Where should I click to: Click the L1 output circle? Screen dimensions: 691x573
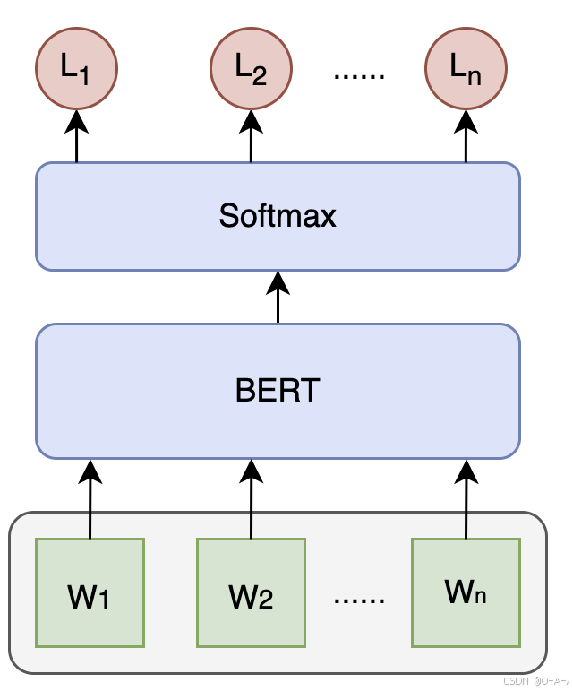(x=76, y=69)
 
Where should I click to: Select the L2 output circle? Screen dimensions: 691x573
(x=251, y=69)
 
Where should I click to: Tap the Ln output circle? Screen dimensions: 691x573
(x=466, y=69)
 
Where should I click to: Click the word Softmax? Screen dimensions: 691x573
(x=278, y=216)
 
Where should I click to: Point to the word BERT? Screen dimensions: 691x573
(x=278, y=391)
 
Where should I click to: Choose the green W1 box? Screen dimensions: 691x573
(x=90, y=592)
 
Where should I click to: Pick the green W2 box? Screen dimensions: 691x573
(x=251, y=592)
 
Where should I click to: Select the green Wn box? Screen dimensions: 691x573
(x=466, y=592)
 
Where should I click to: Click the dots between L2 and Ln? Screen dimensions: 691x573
(x=358, y=75)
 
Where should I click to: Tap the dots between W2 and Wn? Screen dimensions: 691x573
(x=358, y=599)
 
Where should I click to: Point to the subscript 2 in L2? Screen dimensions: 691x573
(x=260, y=77)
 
